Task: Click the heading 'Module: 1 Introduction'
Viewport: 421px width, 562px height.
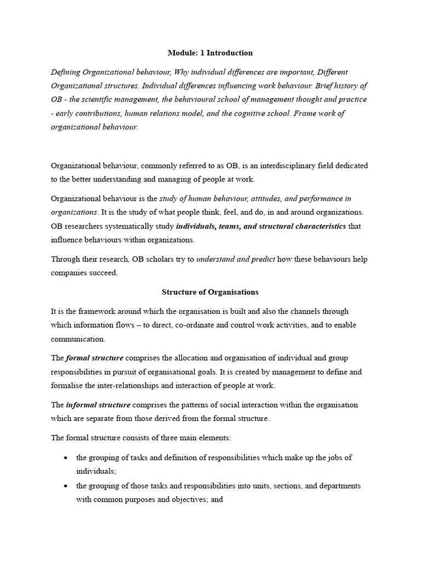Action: click(210, 53)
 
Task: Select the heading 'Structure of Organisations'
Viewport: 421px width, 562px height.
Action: click(210, 292)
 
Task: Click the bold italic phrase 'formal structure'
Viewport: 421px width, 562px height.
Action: click(94, 358)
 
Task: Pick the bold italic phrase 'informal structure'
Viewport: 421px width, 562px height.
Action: click(98, 405)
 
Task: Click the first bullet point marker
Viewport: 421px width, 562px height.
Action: click(66, 458)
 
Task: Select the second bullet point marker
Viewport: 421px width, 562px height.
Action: click(66, 486)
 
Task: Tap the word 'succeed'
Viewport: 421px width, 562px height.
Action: click(100, 273)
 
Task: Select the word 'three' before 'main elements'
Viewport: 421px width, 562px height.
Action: click(163, 438)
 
